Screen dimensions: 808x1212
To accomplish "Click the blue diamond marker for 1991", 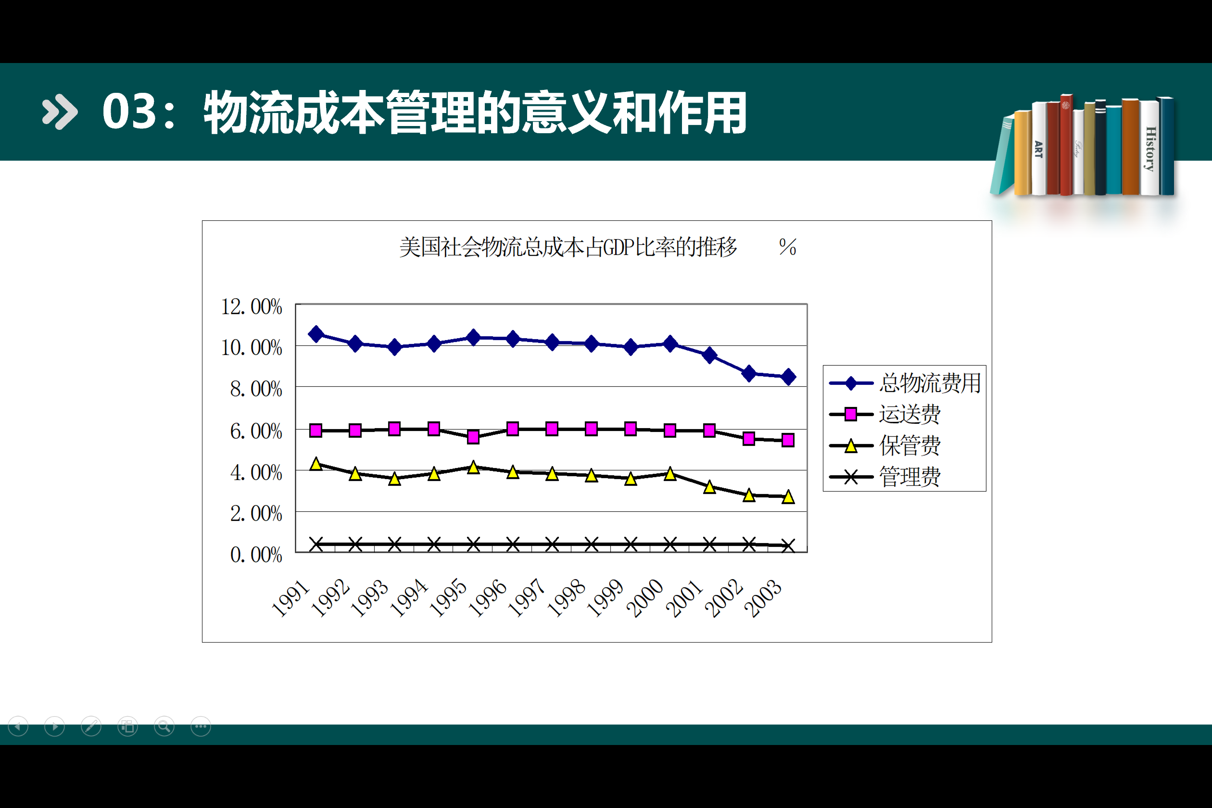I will (x=316, y=334).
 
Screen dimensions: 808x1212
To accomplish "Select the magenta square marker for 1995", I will (x=473, y=437).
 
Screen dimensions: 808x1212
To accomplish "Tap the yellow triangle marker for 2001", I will (x=709, y=487).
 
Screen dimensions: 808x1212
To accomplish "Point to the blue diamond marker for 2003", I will (x=788, y=377).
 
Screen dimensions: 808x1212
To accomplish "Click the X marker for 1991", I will (x=316, y=544).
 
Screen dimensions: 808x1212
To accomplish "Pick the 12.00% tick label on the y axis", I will (x=252, y=307).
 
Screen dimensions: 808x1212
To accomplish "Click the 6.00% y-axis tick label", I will (x=255, y=431).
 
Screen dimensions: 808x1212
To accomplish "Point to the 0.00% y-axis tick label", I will (x=255, y=555).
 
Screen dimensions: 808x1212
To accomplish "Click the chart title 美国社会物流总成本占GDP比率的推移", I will (x=568, y=247).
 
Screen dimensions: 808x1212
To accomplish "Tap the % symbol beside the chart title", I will (x=787, y=247).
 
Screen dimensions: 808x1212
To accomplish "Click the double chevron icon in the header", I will (x=60, y=112).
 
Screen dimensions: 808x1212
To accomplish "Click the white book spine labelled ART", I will (x=1038, y=149).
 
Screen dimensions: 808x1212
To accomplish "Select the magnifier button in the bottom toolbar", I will (x=164, y=727).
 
